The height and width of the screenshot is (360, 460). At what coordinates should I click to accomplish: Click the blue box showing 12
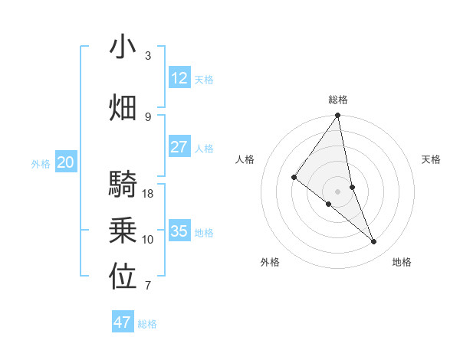(179, 77)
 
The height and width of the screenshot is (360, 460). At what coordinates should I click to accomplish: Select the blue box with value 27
(179, 147)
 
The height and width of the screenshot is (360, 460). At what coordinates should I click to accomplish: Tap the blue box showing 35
(179, 231)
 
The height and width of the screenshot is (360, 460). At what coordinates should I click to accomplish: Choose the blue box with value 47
(123, 322)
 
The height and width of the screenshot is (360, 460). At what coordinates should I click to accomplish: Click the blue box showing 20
(66, 162)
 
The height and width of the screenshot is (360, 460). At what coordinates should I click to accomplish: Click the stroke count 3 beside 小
(148, 56)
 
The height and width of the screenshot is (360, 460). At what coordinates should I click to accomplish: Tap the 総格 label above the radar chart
(338, 100)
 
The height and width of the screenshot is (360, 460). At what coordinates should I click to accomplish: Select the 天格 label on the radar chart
(432, 159)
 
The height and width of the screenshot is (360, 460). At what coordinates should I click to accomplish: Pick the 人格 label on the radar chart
(245, 159)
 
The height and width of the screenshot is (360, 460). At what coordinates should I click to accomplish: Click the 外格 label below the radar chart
(270, 263)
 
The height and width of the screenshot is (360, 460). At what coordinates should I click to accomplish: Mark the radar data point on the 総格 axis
(337, 116)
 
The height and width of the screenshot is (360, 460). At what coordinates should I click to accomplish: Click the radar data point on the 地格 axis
(374, 242)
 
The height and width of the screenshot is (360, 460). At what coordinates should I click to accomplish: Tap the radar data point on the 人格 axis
(294, 177)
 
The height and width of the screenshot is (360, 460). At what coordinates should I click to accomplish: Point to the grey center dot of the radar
(337, 191)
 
